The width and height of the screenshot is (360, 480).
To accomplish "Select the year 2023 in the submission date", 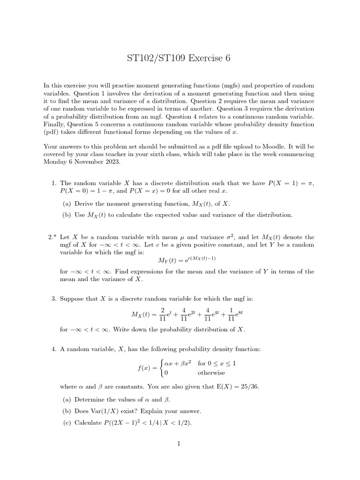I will pyautogui.click(x=112, y=162).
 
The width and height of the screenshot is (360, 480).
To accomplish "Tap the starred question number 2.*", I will pyautogui.click(x=52, y=237).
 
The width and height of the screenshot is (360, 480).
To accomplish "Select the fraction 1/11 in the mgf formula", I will pyautogui.click(x=231, y=314).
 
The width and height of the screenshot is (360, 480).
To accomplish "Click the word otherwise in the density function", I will pyautogui.click(x=211, y=373).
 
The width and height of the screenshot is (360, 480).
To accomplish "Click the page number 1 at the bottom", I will pyautogui.click(x=180, y=444).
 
